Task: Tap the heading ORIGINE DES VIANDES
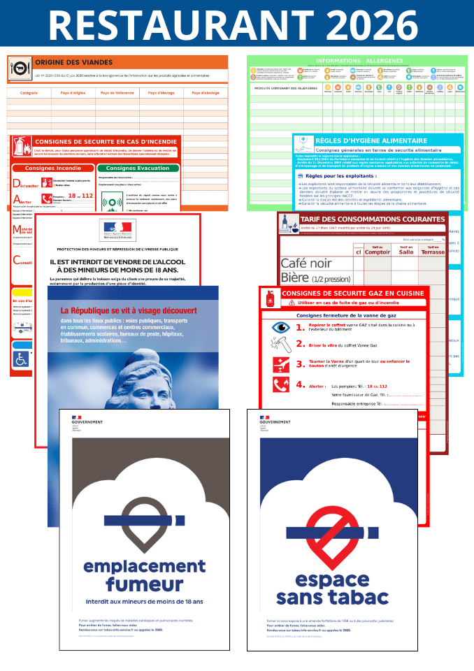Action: [73, 62]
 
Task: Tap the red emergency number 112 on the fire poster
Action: [86, 196]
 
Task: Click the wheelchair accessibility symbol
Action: [21, 358]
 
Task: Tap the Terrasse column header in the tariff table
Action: [432, 250]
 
